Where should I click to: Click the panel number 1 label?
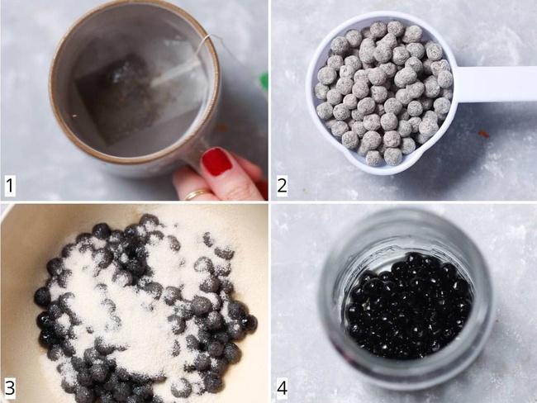[x=10, y=186]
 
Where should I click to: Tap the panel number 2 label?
[x=282, y=186]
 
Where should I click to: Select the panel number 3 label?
[x=10, y=388]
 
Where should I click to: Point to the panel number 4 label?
[x=282, y=388]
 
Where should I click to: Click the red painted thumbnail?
[x=216, y=161]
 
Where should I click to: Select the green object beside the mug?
[x=264, y=83]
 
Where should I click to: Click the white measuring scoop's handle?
[x=497, y=84]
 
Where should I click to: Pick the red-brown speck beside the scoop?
[x=484, y=135]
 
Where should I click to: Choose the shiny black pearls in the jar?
[x=409, y=306]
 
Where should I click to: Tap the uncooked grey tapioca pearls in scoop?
[x=383, y=92]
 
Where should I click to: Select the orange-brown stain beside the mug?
[x=221, y=129]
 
